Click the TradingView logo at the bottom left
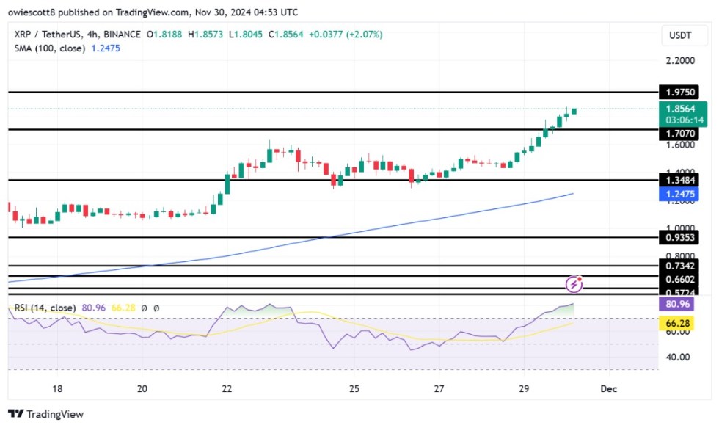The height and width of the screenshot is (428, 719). [46, 414]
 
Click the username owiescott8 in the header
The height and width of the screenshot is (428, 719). [36, 12]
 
